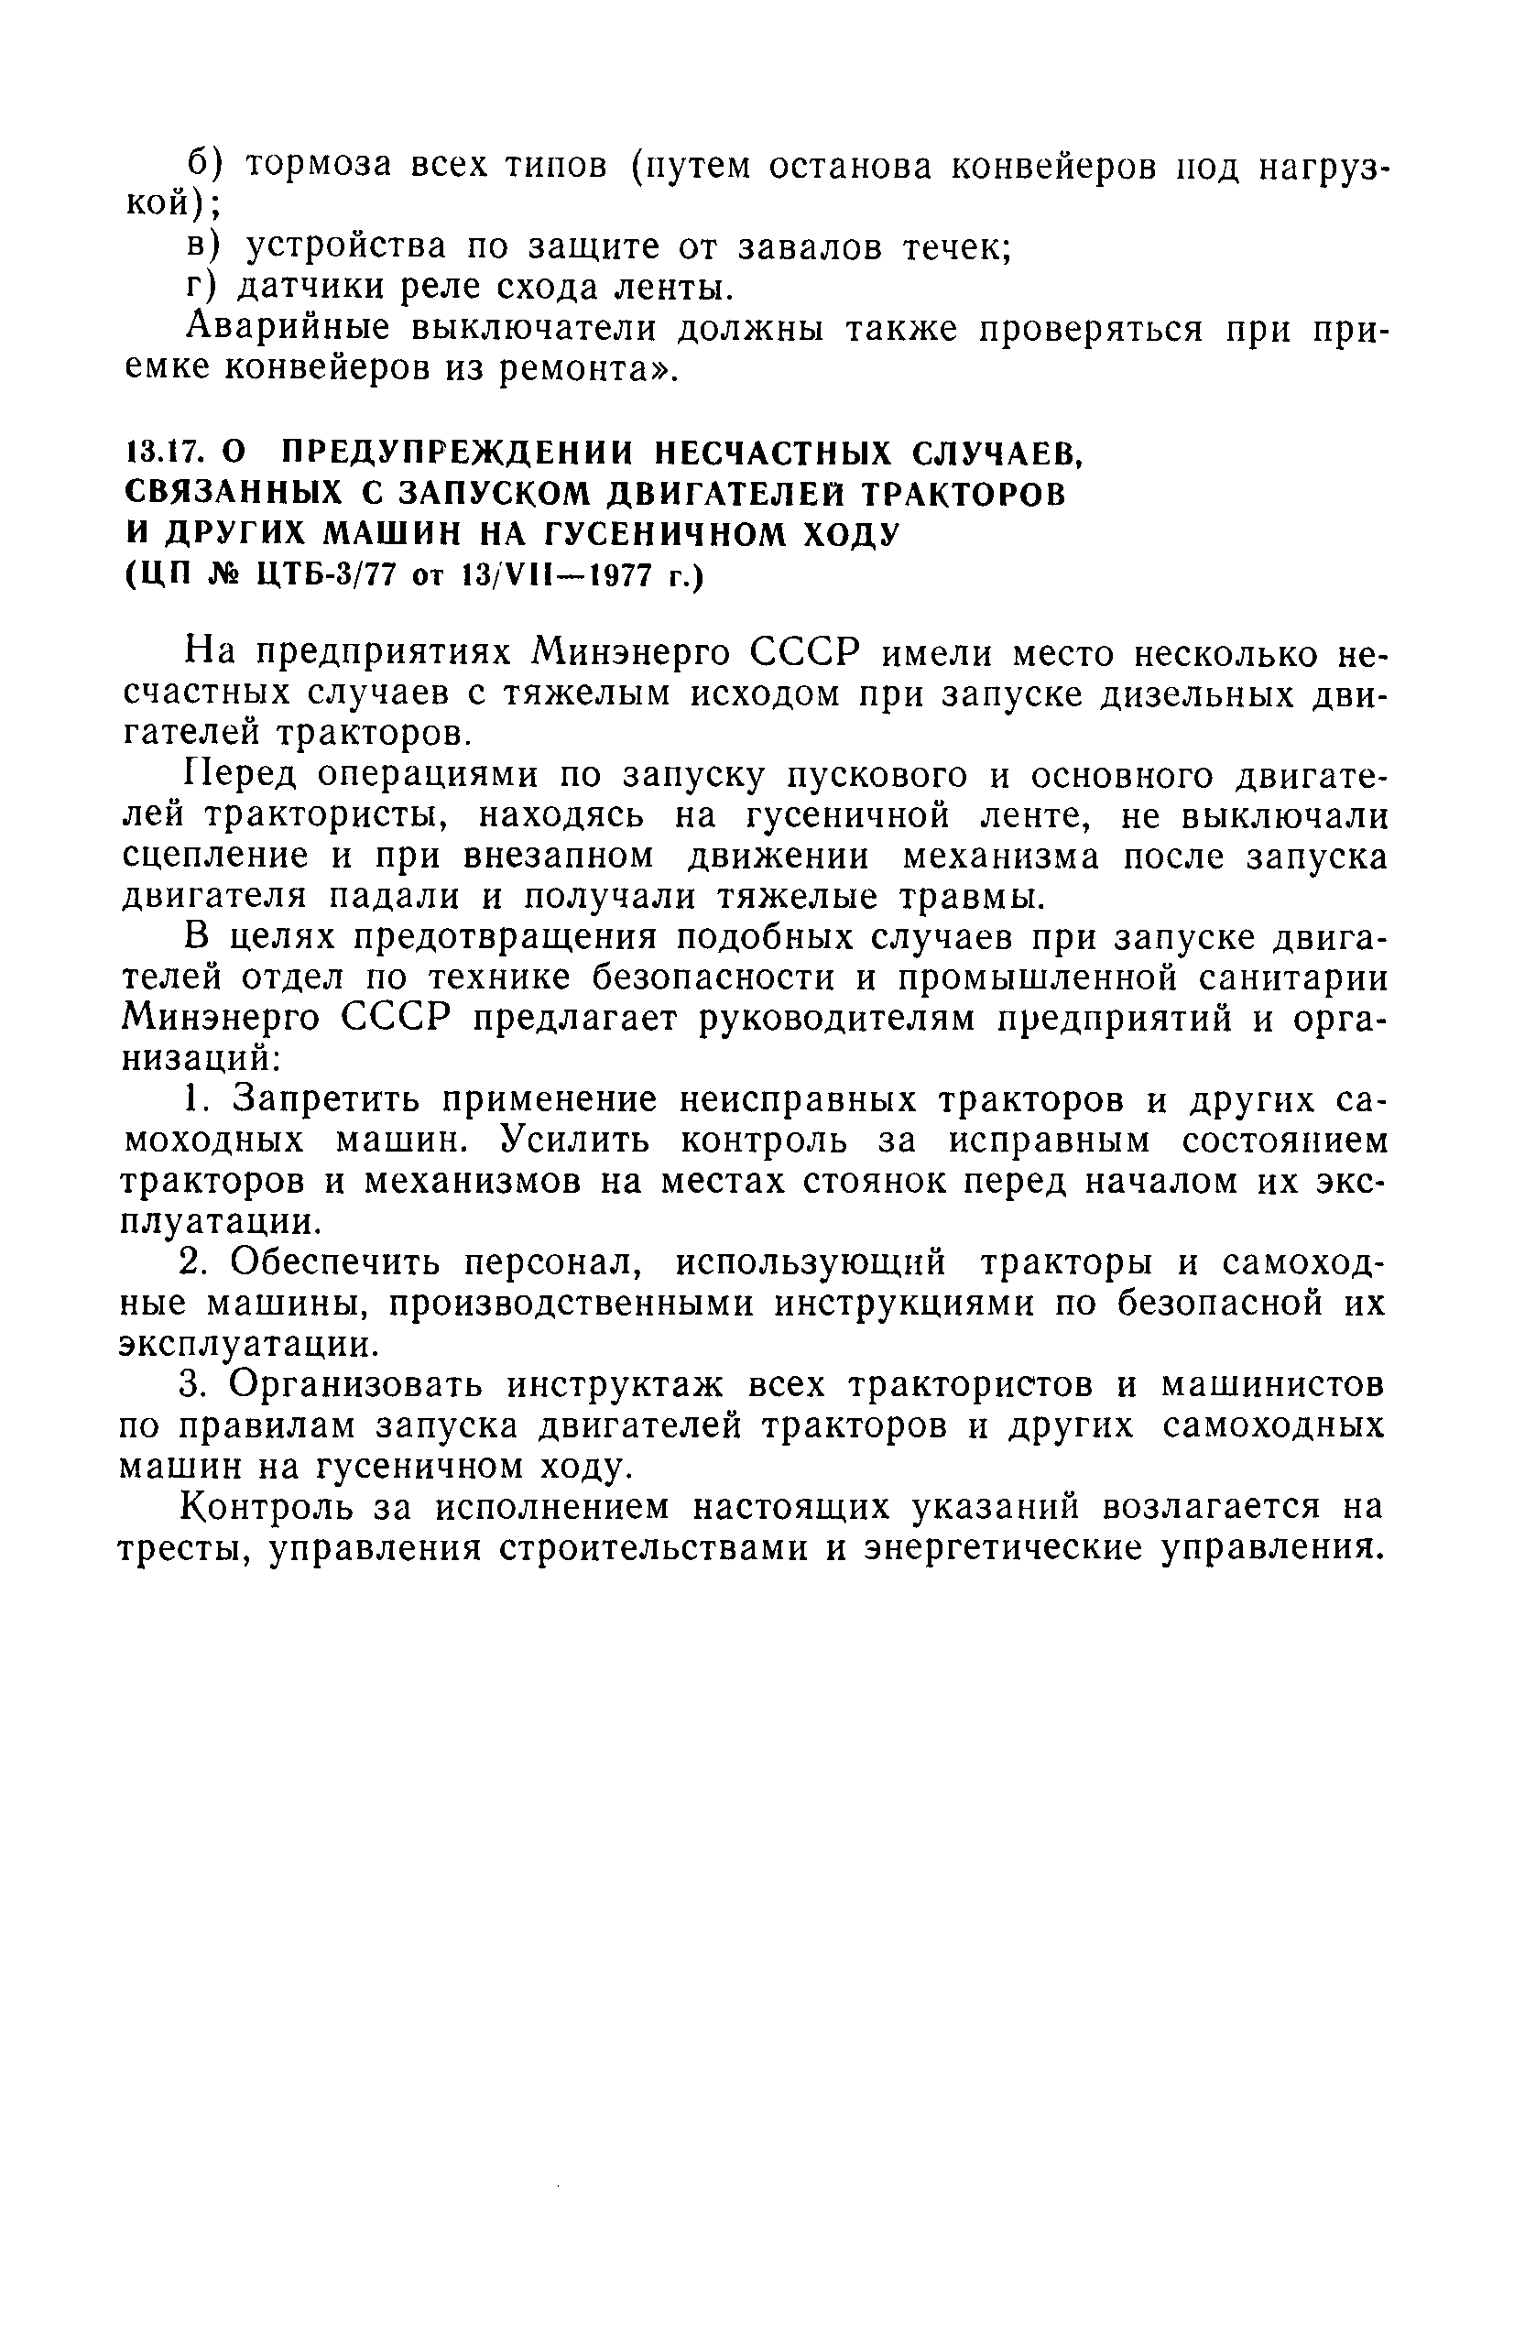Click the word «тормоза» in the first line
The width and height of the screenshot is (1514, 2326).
click(318, 165)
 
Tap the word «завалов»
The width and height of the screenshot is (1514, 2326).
click(811, 247)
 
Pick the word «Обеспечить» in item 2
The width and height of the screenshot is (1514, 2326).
click(337, 1262)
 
